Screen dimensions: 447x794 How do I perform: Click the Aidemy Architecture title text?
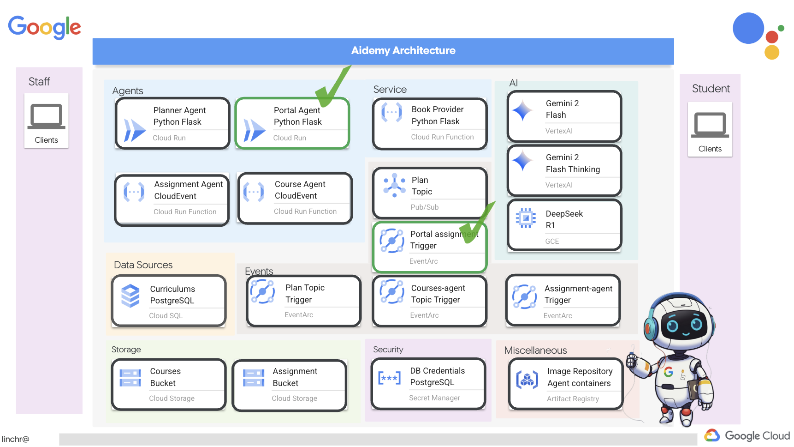tap(403, 51)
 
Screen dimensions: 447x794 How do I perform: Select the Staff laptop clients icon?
tap(46, 116)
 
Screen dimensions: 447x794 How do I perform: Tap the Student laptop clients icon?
tap(710, 125)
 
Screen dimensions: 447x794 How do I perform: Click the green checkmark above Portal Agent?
tap(333, 85)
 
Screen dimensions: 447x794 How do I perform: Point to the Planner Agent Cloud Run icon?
tap(134, 130)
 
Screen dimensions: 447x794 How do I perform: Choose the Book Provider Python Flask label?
tap(437, 115)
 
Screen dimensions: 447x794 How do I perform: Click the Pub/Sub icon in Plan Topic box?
tap(394, 185)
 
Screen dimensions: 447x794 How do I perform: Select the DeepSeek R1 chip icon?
tap(525, 218)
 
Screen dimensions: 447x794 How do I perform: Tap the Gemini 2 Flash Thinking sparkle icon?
tap(522, 161)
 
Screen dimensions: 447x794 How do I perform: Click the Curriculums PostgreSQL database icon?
tap(130, 296)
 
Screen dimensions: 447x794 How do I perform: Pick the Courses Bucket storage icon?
tap(130, 378)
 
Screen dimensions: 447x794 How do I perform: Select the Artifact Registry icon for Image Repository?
tap(527, 380)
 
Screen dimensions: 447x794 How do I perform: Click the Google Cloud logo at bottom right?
tap(747, 435)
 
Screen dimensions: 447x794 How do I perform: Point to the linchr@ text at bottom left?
tap(15, 439)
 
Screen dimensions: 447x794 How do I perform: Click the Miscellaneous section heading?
tap(535, 350)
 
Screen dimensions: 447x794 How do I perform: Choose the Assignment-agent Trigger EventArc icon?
tap(524, 297)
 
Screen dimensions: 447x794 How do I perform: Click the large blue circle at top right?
tap(748, 28)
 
